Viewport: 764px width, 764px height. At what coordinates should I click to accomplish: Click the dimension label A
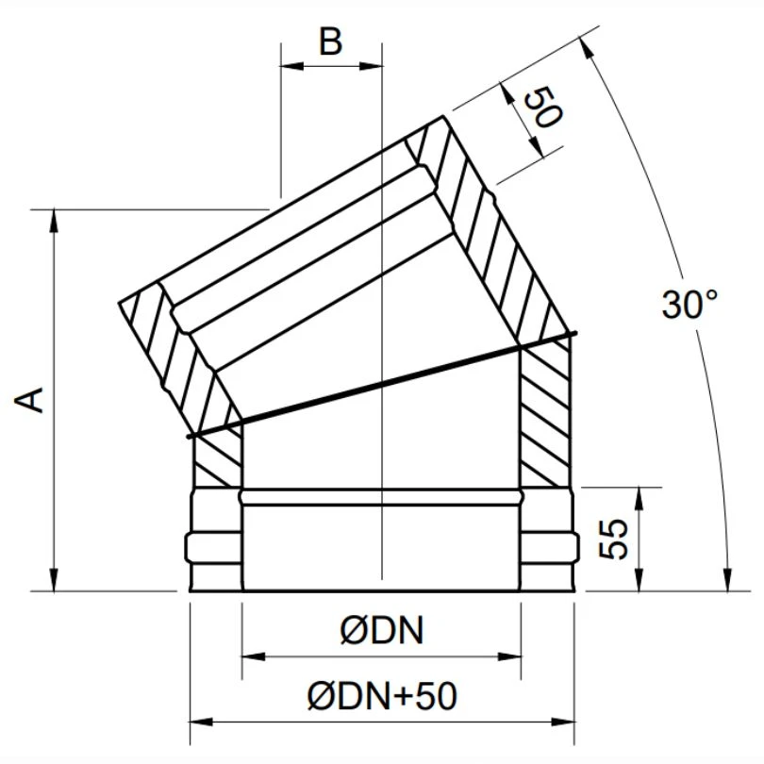pos(32,399)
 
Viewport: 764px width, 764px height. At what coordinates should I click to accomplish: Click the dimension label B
pos(330,42)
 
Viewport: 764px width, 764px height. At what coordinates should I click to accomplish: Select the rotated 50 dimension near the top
pos(542,108)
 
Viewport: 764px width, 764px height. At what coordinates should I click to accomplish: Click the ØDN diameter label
pos(381,631)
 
